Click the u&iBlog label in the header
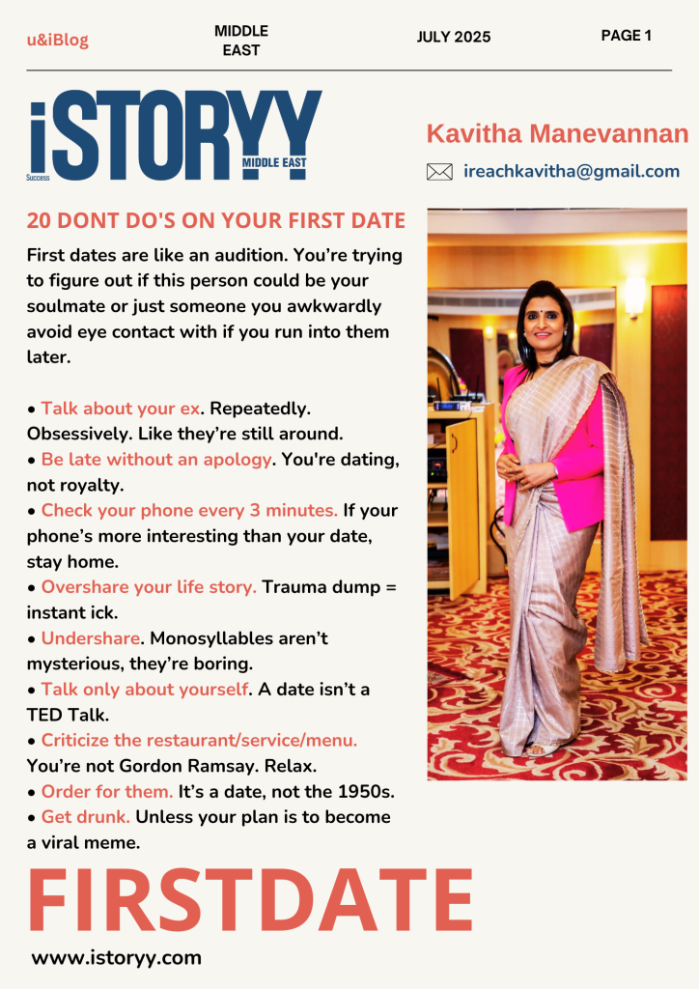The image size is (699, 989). pos(57,40)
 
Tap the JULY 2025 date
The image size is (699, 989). pos(454,37)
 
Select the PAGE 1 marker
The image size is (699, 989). pos(626,36)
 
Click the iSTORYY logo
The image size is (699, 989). pos(174,137)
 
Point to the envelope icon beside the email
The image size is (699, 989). pos(439,172)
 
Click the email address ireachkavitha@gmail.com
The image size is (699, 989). pos(572,171)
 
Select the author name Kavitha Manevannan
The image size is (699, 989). pos(557,133)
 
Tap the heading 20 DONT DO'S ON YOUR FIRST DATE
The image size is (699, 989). pos(216,221)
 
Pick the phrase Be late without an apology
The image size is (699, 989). pos(156,459)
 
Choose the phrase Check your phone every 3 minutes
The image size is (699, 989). pos(189,510)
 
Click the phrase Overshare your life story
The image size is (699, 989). pos(149,587)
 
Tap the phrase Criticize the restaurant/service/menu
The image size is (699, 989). pos(199,740)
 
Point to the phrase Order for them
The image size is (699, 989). pos(107,791)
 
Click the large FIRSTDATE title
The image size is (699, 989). pos(250,900)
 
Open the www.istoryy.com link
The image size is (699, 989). pos(116,958)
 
